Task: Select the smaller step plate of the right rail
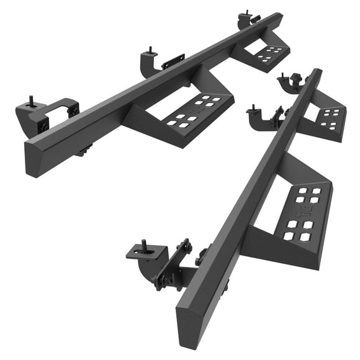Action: (327, 118)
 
